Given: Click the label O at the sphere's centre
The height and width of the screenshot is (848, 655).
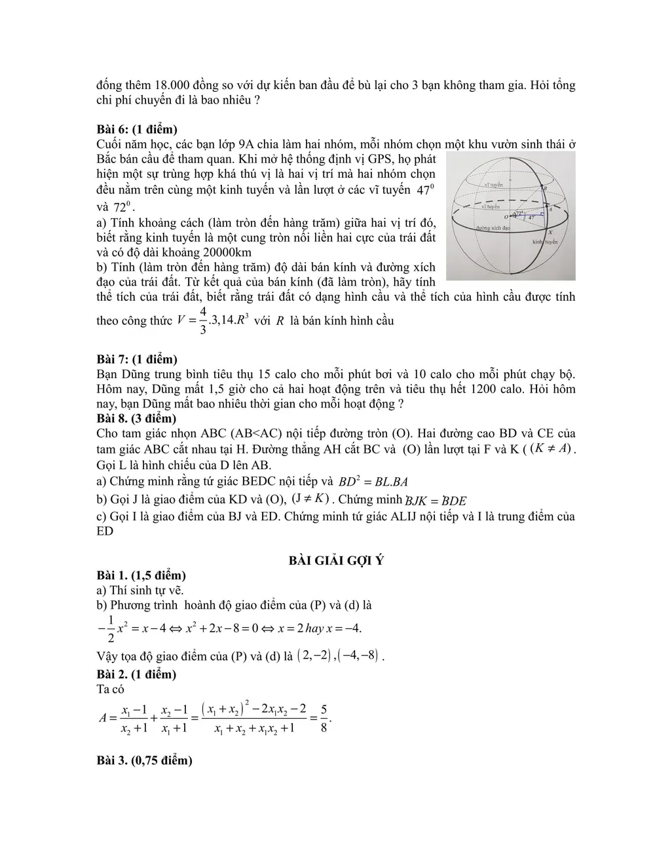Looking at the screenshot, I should click(506, 216).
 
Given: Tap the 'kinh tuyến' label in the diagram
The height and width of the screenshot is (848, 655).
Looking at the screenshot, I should click(544, 242).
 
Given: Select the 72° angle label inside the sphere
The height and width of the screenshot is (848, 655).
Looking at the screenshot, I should click(519, 213).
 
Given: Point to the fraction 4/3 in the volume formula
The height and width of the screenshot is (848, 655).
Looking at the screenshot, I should click(203, 320).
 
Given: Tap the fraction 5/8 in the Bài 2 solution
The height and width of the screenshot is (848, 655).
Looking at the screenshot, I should click(324, 718).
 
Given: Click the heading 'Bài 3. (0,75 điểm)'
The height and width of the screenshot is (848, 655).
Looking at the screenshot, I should click(144, 760).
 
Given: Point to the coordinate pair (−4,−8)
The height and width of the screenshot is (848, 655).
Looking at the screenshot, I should click(358, 655).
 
